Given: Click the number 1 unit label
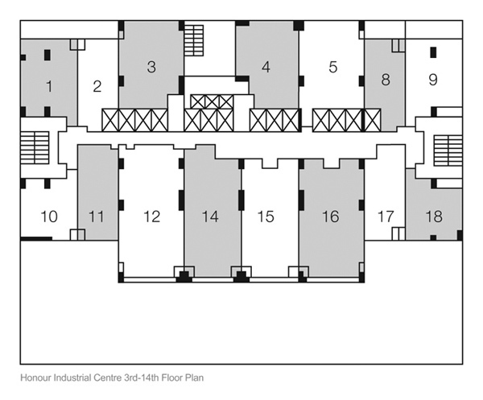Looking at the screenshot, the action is point(49,87).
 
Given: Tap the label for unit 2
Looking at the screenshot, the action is point(97,87).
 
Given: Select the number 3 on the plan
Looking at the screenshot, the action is point(151,67).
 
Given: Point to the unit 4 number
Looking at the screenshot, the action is point(266,67).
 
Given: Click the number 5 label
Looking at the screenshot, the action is point(333,67).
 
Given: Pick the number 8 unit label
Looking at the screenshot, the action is point(386,79).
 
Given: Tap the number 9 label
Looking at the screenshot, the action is point(433,79).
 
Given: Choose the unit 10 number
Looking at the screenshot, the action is point(49,216).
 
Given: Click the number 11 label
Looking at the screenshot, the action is point(96,216).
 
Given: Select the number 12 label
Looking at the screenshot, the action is point(152,216).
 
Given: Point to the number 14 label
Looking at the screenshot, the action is point(210,216).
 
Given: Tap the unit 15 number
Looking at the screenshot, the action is point(266,216).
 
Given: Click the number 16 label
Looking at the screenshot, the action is point(331,216).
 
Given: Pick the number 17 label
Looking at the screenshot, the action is point(386,216).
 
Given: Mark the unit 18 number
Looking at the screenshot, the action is point(434,216).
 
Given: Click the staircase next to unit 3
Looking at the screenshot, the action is point(194,40).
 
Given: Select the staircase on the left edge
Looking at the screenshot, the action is point(35,148).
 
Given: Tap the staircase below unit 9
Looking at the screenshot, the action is point(448,151).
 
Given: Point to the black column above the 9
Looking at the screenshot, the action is point(433,52).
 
